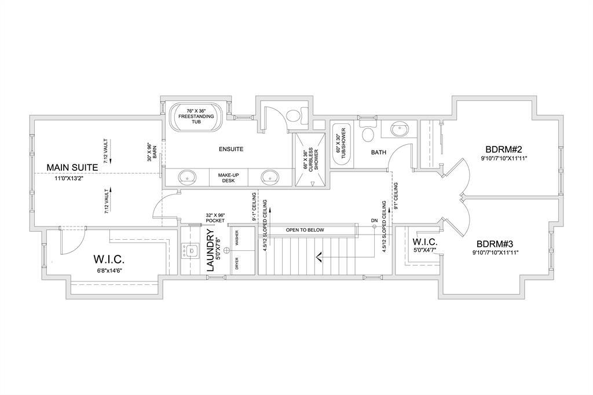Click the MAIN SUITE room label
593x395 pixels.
pos(72,167)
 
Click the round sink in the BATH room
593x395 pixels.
pos(400,130)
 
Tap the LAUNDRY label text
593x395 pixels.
pos(211,250)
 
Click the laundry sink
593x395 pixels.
pos(190,251)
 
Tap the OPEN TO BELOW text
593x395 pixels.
pos(305,230)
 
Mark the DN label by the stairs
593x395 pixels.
pos(374,221)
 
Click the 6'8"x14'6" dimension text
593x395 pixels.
pos(108,270)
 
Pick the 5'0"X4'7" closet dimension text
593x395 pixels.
pos(424,250)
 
